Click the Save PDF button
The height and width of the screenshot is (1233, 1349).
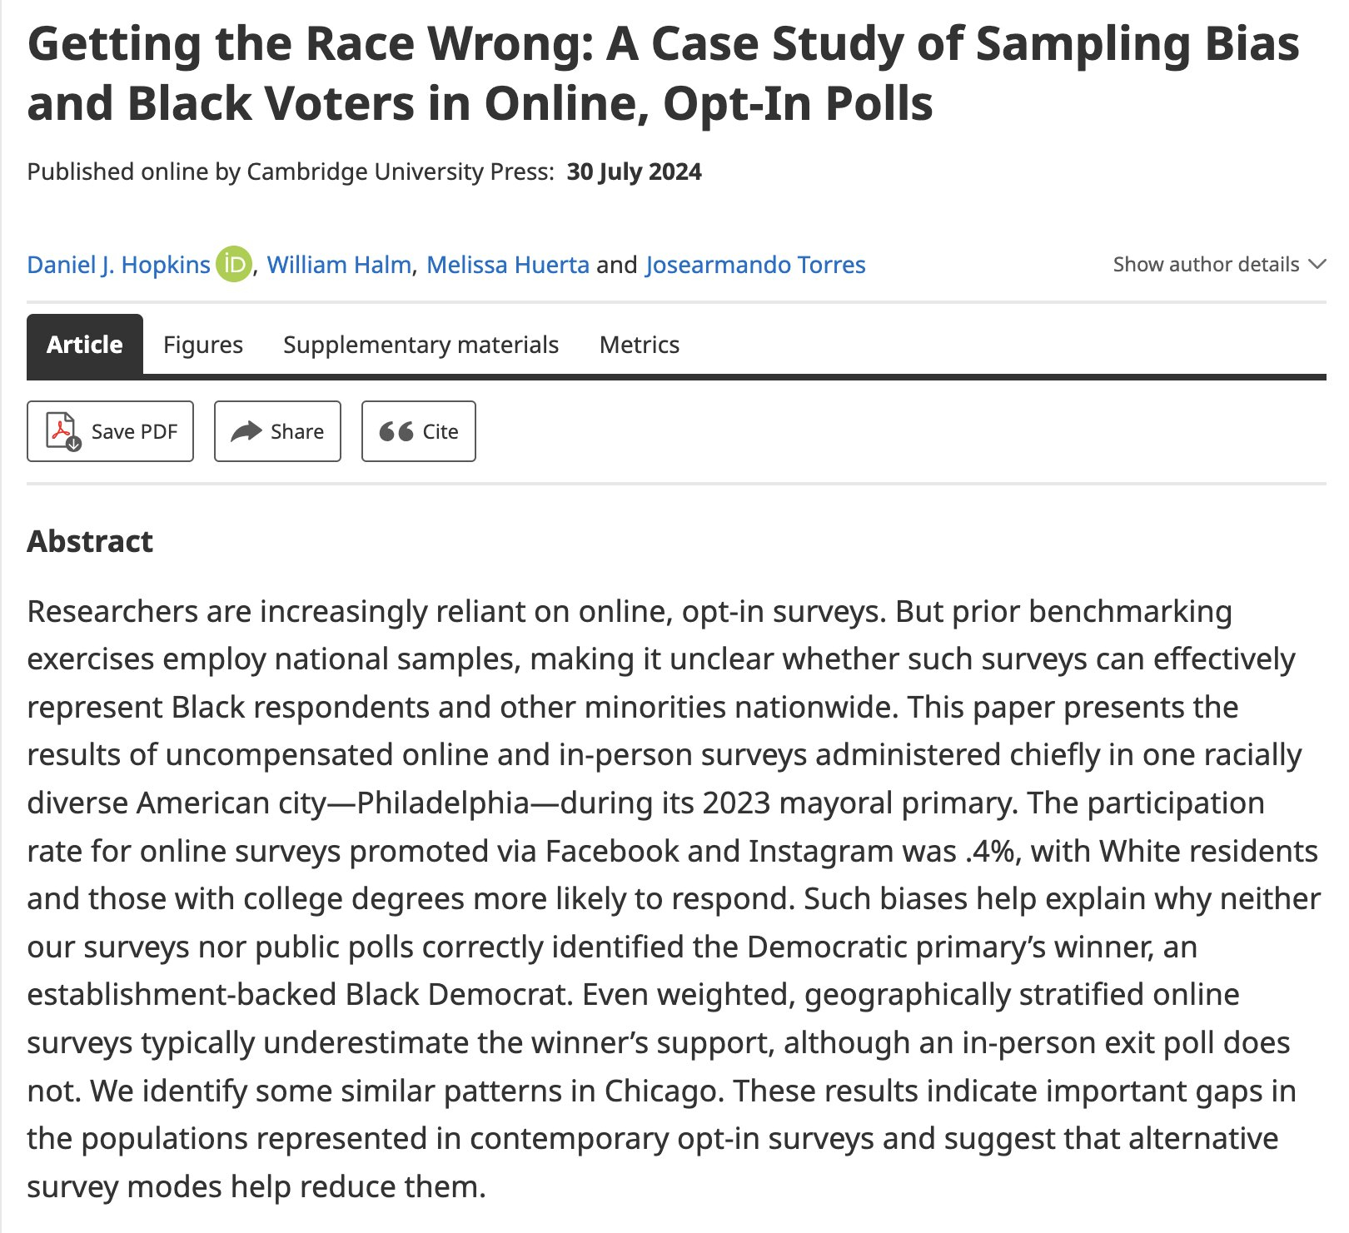pos(110,431)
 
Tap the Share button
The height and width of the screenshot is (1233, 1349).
pos(277,431)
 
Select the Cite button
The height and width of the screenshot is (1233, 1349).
pos(418,431)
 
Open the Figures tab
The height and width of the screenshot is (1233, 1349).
pos(203,345)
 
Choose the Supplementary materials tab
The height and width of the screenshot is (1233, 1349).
pos(421,345)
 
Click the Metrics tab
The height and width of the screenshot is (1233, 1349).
pos(640,345)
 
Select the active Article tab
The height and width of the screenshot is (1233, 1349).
pos(85,345)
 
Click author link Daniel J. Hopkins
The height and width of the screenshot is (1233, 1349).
pos(118,265)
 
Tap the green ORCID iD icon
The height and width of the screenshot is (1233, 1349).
pos(234,265)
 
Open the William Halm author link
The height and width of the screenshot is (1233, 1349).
pos(339,265)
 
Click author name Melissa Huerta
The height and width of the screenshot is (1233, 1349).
pos(508,265)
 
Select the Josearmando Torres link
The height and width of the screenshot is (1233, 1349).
pos(755,265)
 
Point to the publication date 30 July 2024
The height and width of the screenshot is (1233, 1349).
pos(634,172)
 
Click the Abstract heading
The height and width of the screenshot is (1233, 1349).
pos(90,541)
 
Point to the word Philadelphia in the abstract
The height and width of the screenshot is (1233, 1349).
pos(443,803)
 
